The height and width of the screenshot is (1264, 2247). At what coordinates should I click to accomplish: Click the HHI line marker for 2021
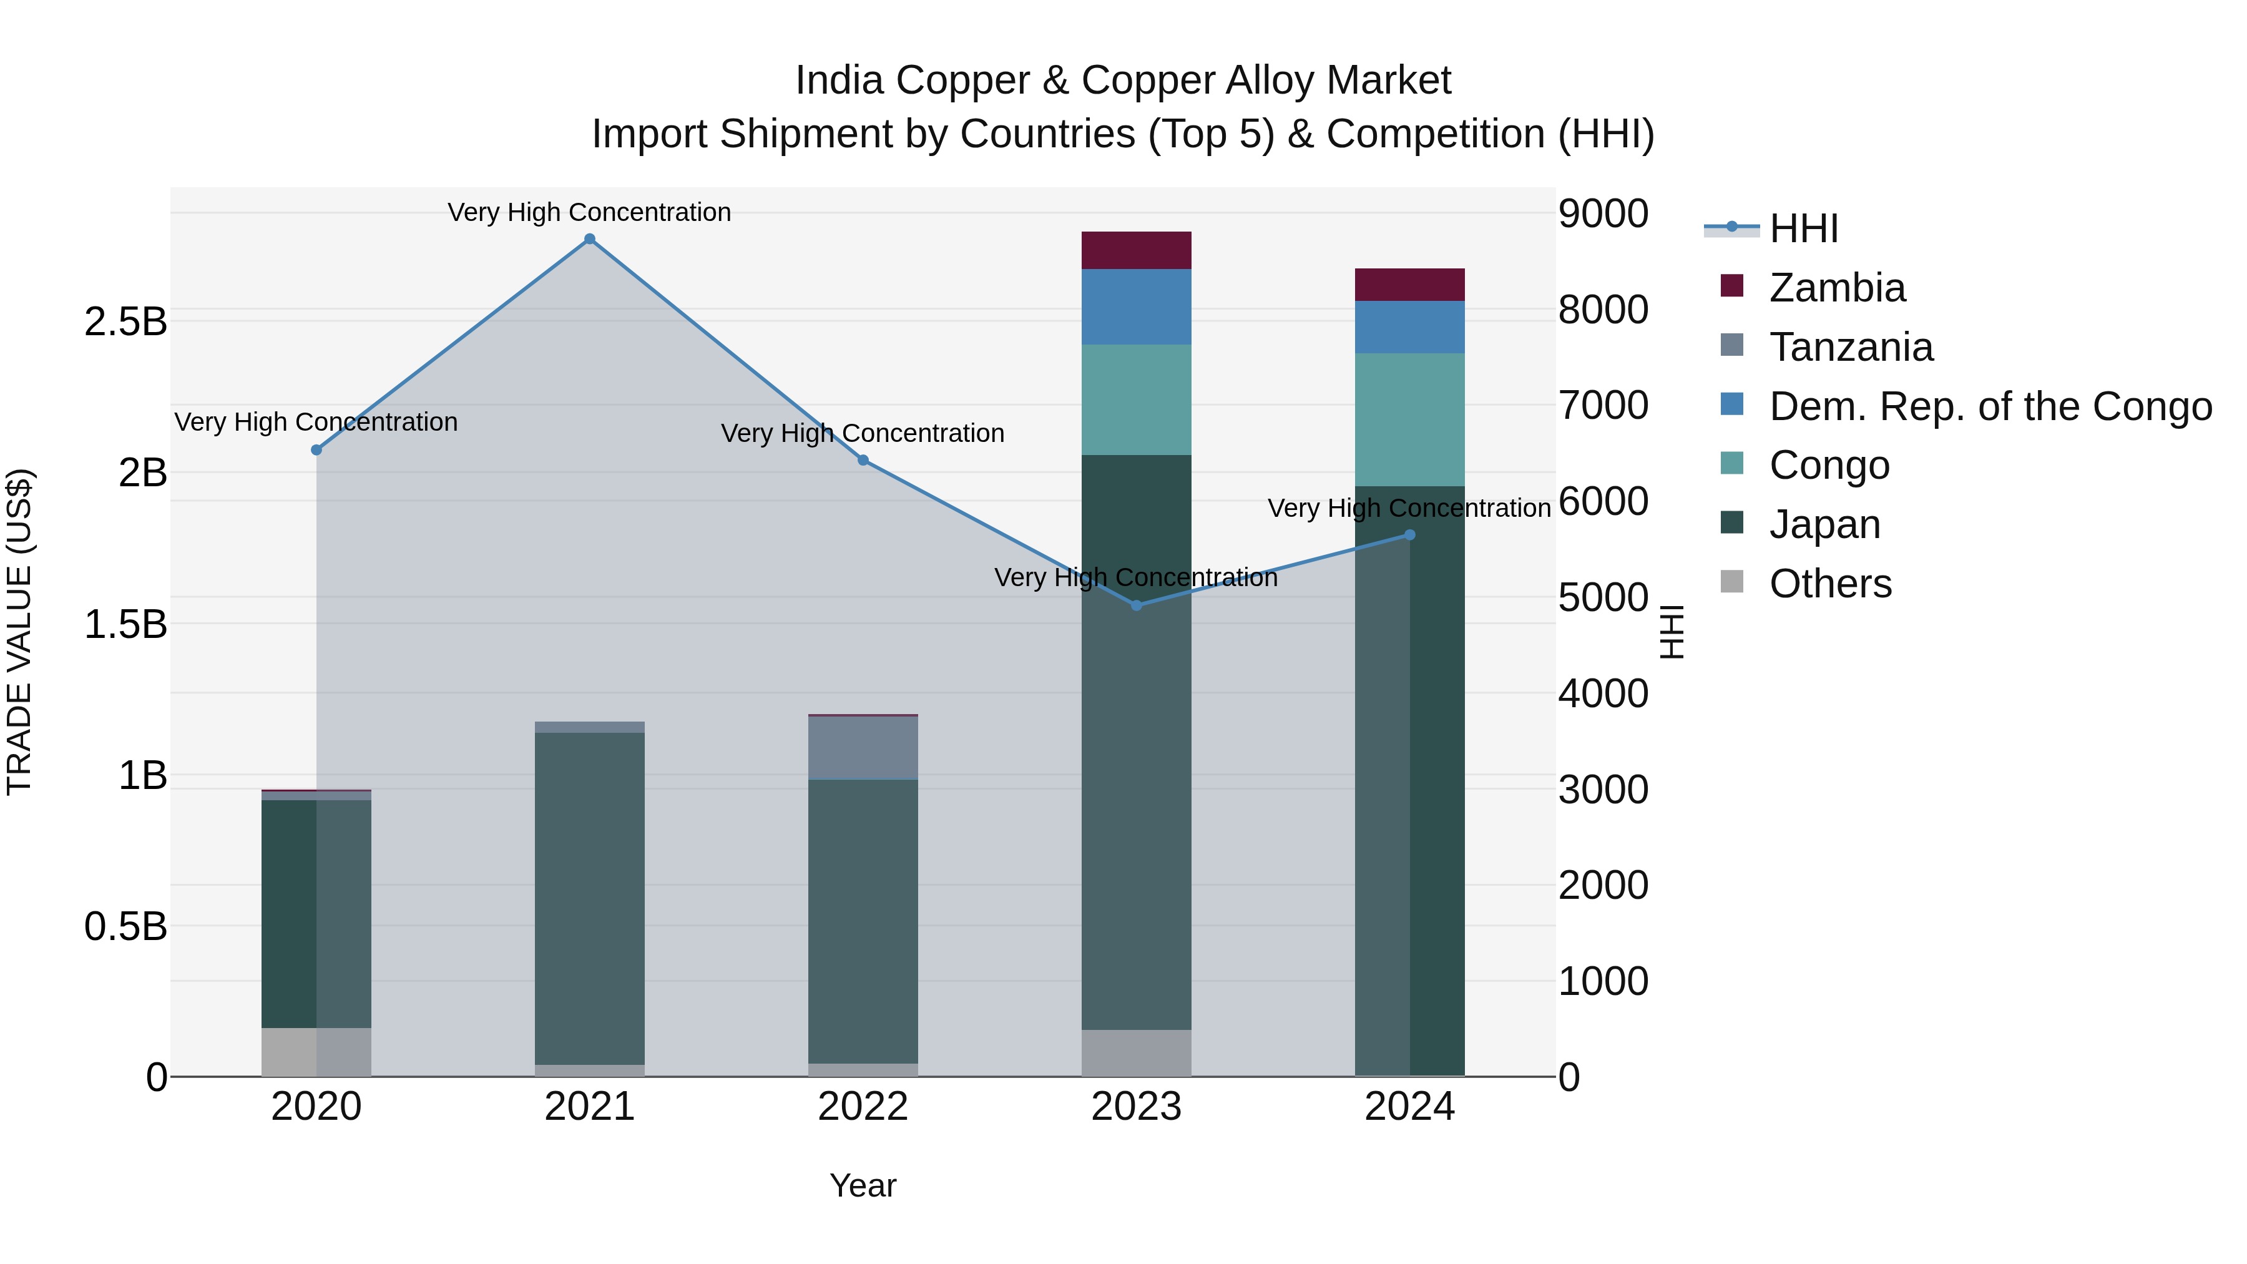pyautogui.click(x=590, y=239)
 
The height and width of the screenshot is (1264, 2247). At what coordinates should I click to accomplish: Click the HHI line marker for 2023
pyautogui.click(x=1137, y=605)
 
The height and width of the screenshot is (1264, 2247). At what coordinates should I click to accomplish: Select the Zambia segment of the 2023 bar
pyautogui.click(x=1137, y=250)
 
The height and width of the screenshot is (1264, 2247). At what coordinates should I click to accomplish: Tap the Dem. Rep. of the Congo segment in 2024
pyautogui.click(x=1409, y=327)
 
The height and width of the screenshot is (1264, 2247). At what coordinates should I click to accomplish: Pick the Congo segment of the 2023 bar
pyautogui.click(x=1137, y=399)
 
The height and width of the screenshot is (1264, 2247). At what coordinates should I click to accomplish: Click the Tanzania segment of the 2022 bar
pyautogui.click(x=863, y=748)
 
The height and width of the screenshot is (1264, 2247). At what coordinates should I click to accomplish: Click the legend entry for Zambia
pyautogui.click(x=1836, y=288)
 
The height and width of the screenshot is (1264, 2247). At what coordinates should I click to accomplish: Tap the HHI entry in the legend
pyautogui.click(x=1804, y=228)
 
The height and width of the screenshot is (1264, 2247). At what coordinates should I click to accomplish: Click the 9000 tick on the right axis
pyautogui.click(x=1603, y=213)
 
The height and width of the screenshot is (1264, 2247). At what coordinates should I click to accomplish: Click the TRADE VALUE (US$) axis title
pyautogui.click(x=20, y=632)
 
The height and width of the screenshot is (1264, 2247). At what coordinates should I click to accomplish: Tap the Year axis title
pyautogui.click(x=863, y=1185)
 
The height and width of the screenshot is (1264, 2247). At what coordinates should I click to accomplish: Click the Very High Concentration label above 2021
pyautogui.click(x=590, y=212)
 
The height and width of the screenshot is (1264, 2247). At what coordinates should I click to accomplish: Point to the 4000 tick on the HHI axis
pyautogui.click(x=1603, y=694)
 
